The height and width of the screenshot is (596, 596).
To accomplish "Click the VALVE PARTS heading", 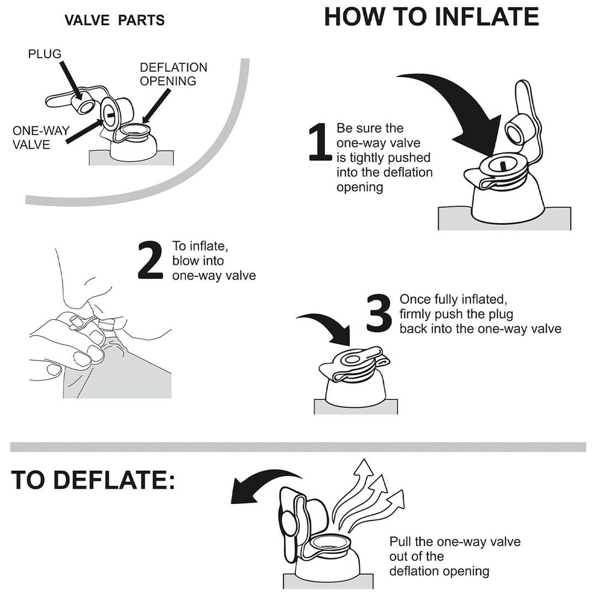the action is click(x=114, y=20).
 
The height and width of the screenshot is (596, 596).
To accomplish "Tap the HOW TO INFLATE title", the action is click(x=432, y=17).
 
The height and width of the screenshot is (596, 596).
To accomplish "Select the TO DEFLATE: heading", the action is click(x=93, y=480).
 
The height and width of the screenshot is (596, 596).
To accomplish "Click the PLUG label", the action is click(x=45, y=54).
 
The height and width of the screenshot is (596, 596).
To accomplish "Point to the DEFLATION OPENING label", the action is click(x=173, y=74).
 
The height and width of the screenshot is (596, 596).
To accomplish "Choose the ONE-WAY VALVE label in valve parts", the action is click(x=41, y=137).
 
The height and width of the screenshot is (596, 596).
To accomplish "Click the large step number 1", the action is click(x=320, y=141).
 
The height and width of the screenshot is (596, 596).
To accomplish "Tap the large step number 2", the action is click(x=150, y=260).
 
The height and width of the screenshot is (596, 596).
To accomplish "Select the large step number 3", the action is click(x=379, y=312).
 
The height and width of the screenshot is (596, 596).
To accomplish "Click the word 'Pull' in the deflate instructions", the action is click(x=400, y=541).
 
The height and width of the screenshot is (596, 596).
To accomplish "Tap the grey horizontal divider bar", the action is click(x=298, y=447).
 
